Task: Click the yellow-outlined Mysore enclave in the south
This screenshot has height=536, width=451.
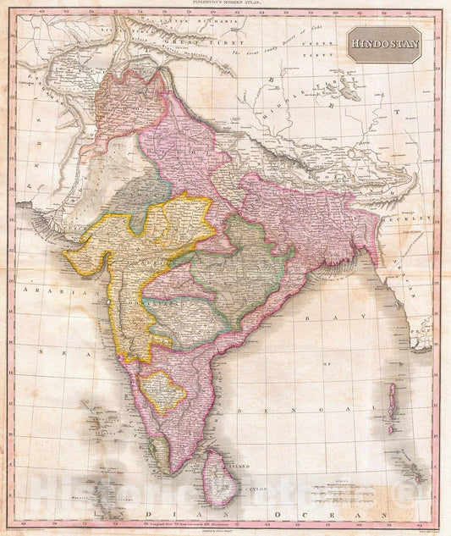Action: [x=162, y=391]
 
